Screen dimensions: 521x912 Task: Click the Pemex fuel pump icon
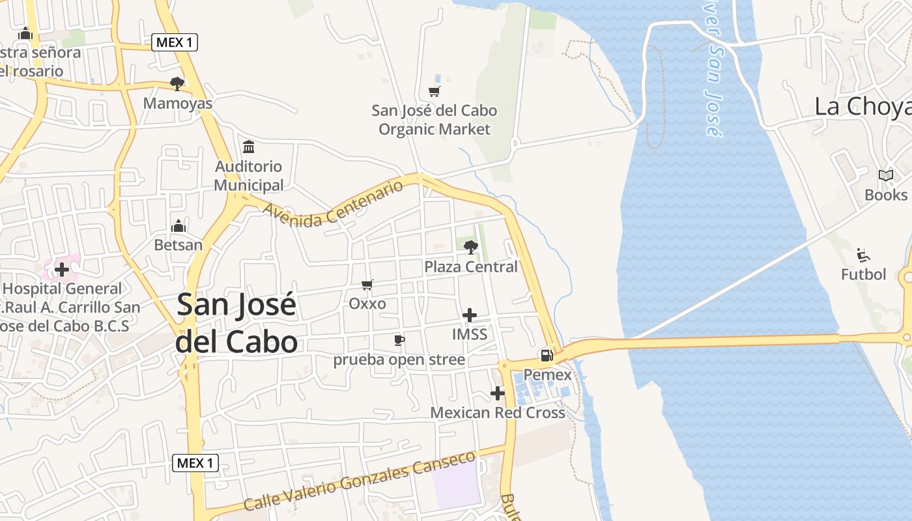pos(547,356)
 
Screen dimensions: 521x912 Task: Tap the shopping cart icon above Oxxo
pos(367,285)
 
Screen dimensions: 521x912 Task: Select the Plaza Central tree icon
pos(470,247)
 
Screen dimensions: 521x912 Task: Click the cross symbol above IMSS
pos(469,316)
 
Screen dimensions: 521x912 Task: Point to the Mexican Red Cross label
pos(498,413)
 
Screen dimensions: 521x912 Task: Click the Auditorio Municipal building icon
pos(248,147)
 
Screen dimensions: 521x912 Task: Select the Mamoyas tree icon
pos(177,83)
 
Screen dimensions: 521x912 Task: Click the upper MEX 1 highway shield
pos(175,43)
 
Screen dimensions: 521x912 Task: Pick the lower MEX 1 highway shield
pos(195,463)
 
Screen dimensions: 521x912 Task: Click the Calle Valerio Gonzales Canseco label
pos(360,481)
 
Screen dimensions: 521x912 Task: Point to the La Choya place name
pos(862,107)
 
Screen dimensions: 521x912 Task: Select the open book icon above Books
pos(885,176)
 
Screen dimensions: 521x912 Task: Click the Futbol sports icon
pos(864,255)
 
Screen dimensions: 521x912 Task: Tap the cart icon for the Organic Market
pos(434,92)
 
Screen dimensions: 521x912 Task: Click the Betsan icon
pos(178,226)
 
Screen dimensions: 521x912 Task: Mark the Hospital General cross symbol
pos(62,269)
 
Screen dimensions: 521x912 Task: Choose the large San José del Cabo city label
pos(236,323)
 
